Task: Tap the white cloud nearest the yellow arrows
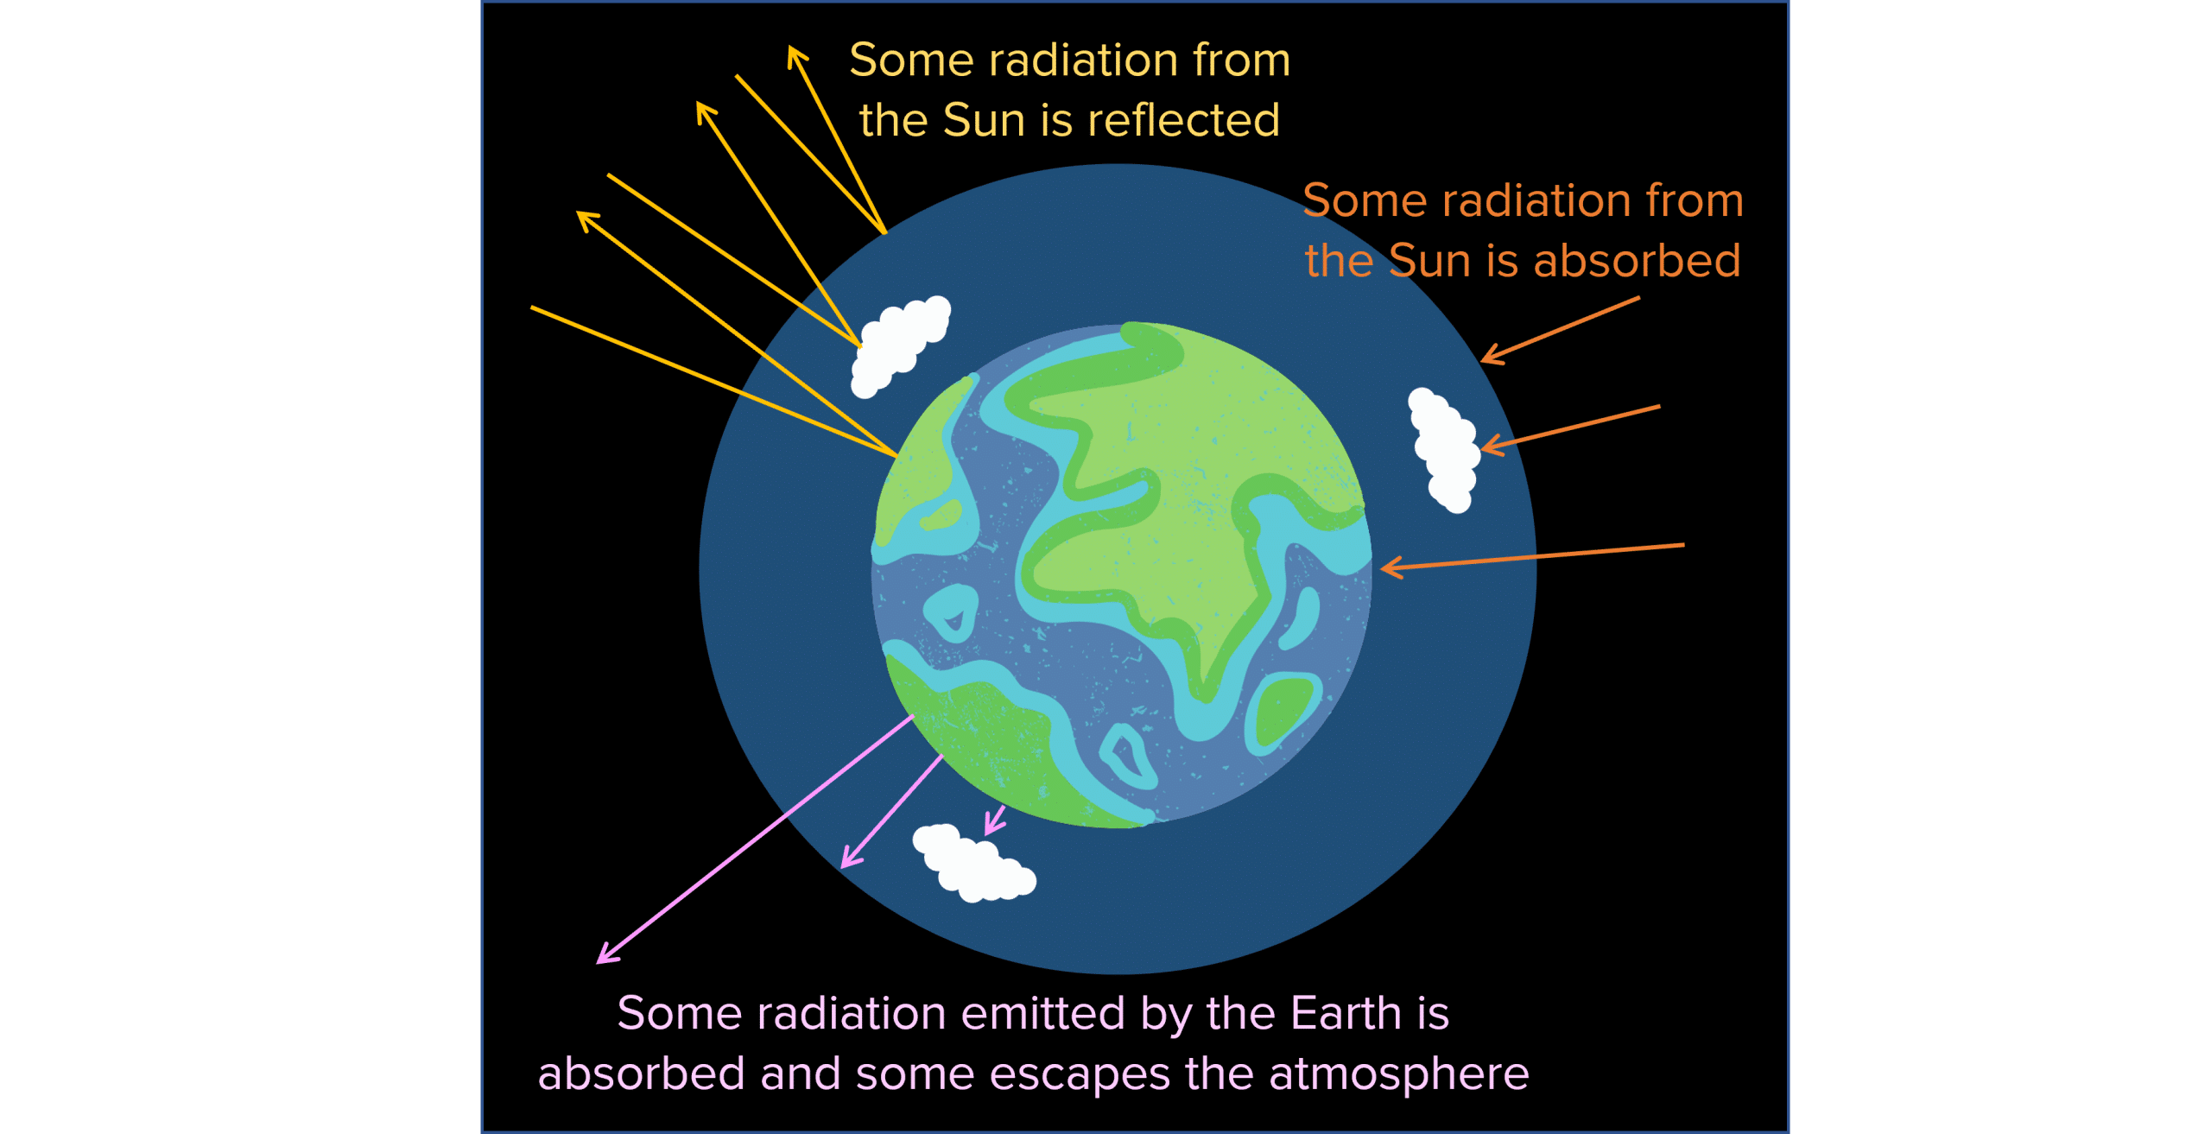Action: pos(901,345)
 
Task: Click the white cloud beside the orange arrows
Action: pos(1444,449)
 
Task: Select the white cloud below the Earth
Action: pos(974,863)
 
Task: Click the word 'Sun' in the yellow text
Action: pos(983,120)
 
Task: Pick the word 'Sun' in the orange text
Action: pos(1429,260)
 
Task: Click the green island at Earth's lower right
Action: pos(1284,710)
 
